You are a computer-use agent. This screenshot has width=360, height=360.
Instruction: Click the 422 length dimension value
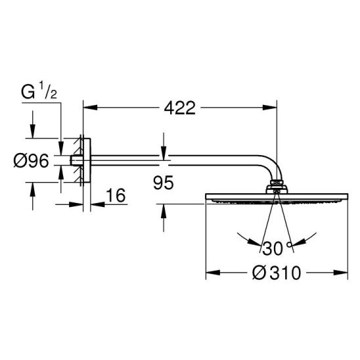pyautogui.click(x=180, y=108)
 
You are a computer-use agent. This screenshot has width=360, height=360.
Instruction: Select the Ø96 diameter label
pyautogui.click(x=32, y=160)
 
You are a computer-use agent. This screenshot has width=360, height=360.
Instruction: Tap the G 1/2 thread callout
pyautogui.click(x=39, y=90)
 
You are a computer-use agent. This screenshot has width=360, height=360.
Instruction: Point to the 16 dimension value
pyautogui.click(x=116, y=195)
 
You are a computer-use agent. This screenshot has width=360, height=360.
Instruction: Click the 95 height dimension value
pyautogui.click(x=164, y=183)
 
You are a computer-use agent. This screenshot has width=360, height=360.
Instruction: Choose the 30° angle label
pyautogui.click(x=277, y=248)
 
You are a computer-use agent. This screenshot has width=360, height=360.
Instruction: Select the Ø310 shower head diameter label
pyautogui.click(x=277, y=273)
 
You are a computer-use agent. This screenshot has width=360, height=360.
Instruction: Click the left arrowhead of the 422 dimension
pyautogui.click(x=90, y=107)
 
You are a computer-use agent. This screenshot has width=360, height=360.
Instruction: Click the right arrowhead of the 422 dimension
pyautogui.click(x=270, y=107)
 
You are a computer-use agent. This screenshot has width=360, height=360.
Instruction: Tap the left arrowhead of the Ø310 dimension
pyautogui.click(x=213, y=273)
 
